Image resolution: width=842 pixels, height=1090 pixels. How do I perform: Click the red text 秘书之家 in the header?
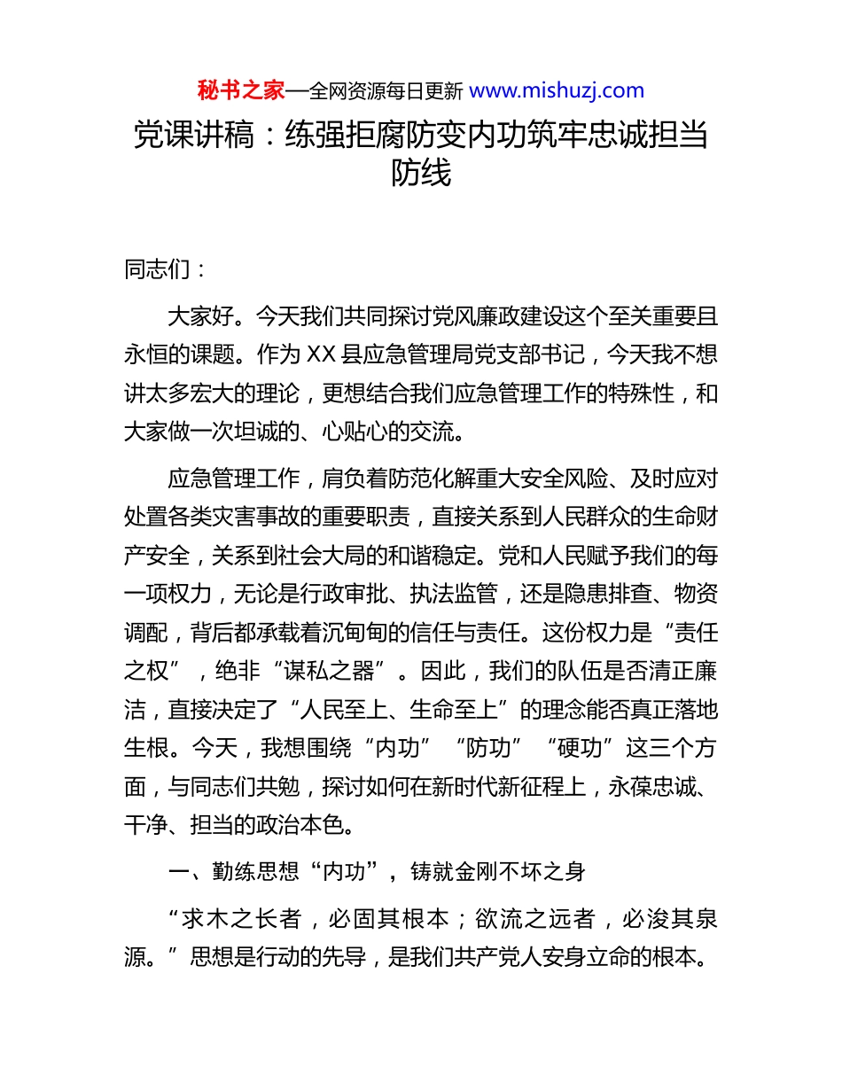240,90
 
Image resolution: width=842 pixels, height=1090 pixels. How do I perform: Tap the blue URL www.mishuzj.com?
556,90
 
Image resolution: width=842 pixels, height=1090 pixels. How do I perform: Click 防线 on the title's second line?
421,173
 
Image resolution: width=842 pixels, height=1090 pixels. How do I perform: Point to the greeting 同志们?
157,270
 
